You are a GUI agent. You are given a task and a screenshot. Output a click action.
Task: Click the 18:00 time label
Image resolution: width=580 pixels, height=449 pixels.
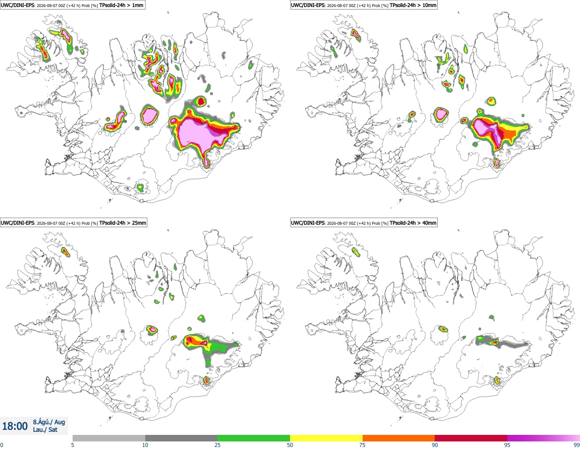click(x=15, y=426)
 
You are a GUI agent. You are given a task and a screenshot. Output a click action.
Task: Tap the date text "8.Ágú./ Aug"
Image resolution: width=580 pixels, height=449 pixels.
click(x=49, y=422)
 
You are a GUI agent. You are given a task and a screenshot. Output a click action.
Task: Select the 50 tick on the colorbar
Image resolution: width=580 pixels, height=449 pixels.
click(x=290, y=445)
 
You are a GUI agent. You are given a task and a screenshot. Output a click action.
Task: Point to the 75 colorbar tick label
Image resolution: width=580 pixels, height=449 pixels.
click(x=363, y=445)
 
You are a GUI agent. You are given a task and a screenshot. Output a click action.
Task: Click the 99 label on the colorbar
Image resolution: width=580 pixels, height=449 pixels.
click(x=576, y=445)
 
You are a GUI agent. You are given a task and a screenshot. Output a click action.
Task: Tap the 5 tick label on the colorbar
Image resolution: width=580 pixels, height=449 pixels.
click(x=73, y=445)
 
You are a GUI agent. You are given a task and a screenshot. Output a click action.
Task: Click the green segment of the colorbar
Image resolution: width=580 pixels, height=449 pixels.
click(x=254, y=438)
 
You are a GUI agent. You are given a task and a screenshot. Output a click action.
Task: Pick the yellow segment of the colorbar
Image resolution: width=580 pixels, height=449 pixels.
click(x=326, y=438)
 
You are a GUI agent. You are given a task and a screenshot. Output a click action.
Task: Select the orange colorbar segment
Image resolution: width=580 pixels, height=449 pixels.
click(x=399, y=438)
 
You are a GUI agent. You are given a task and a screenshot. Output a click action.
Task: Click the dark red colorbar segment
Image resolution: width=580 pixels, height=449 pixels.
click(x=471, y=438)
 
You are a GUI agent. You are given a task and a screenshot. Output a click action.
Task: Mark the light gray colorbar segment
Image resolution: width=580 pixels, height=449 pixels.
click(x=109, y=438)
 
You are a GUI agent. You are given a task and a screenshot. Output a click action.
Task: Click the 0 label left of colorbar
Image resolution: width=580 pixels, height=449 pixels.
click(x=2, y=445)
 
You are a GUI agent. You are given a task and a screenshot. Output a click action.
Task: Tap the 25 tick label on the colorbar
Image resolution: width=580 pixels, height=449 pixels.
click(x=217, y=445)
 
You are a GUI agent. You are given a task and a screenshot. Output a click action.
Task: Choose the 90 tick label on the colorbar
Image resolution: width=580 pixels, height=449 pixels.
click(x=435, y=445)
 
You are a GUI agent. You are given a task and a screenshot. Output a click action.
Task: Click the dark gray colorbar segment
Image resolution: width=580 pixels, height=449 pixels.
click(x=181, y=438)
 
